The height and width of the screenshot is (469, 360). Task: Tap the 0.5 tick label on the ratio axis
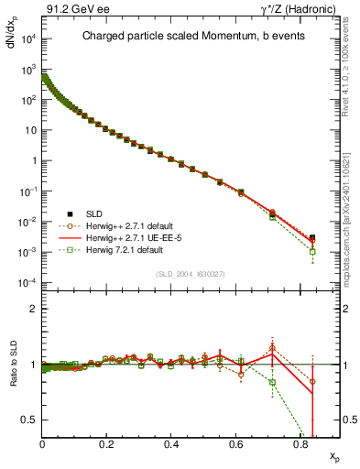point(29,420)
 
